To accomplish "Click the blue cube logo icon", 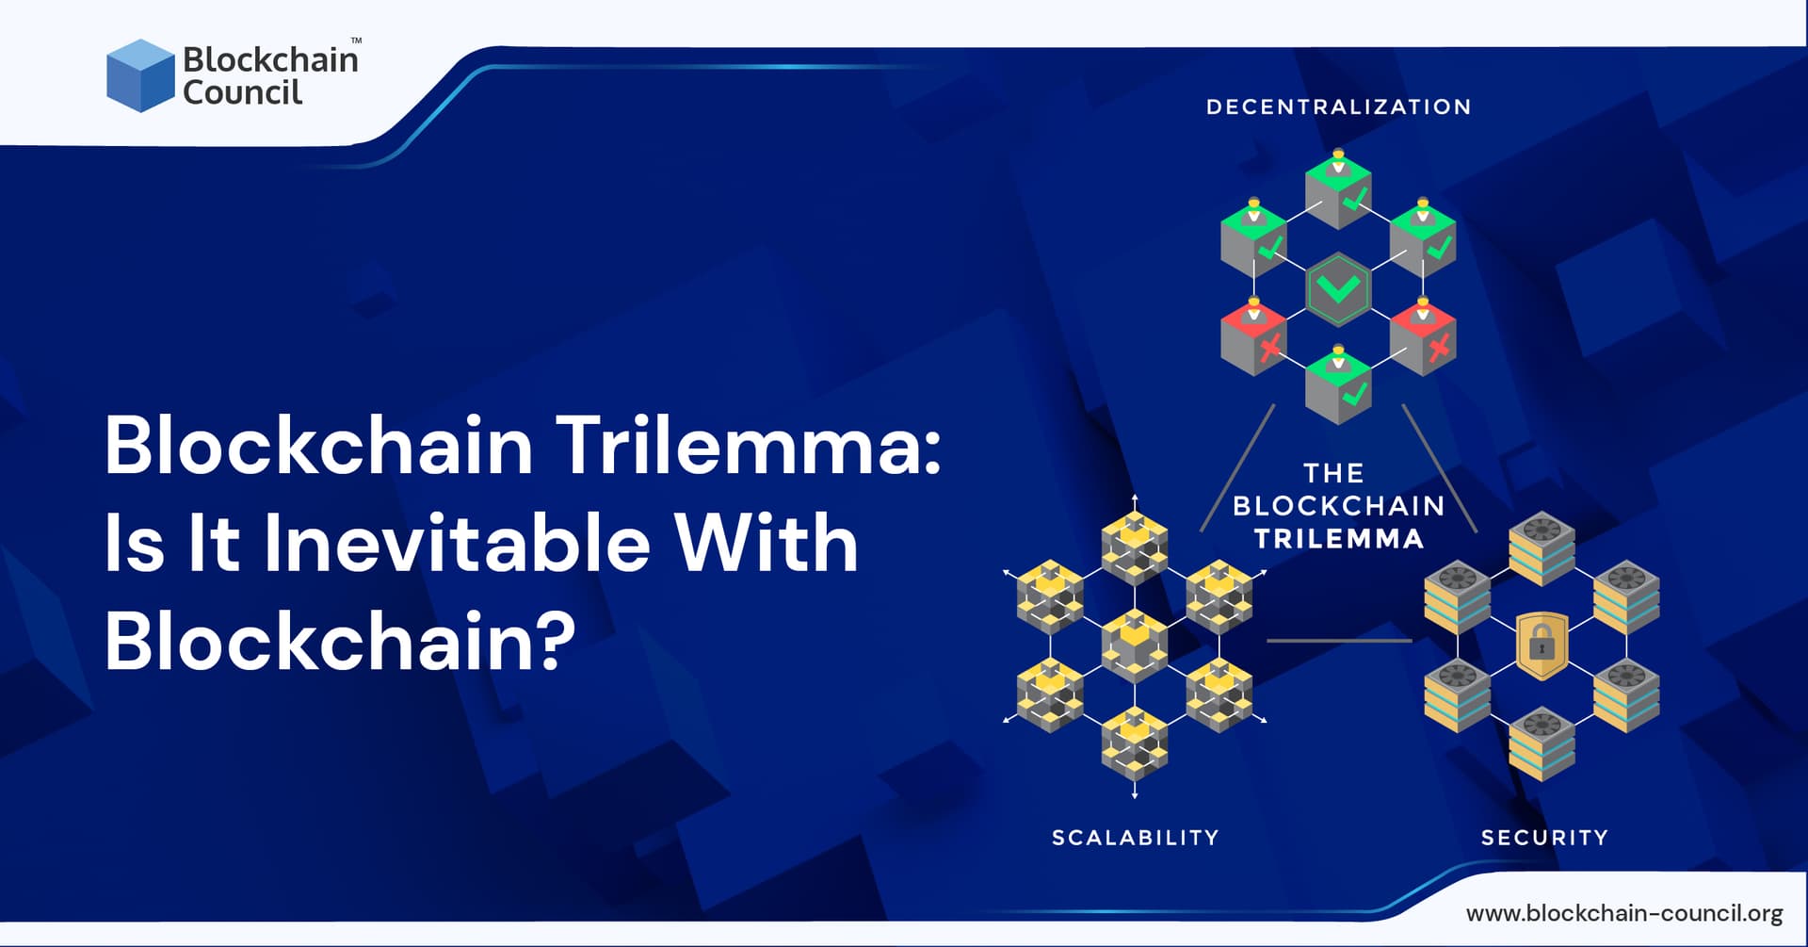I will coord(140,75).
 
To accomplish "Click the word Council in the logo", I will coord(242,92).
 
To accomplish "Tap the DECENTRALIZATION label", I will coord(1338,106).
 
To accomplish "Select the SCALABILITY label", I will coord(1135,837).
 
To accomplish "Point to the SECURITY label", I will coord(1544,837).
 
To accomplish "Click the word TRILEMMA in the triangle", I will coord(1338,539).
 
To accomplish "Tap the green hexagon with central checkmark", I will coord(1338,288).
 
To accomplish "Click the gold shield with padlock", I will coord(1542,645).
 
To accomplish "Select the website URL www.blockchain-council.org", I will coord(1624,912).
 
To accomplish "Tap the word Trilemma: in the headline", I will coord(749,445).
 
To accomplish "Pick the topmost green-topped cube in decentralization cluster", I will coord(1338,192).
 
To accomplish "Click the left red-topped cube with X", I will coord(1253,338).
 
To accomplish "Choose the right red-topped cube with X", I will coord(1423,338).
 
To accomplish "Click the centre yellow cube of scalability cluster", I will coord(1135,645).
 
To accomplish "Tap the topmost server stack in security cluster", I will coord(1542,548).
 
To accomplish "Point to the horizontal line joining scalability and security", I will coord(1338,641).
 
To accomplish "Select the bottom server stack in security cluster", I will coord(1542,743).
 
